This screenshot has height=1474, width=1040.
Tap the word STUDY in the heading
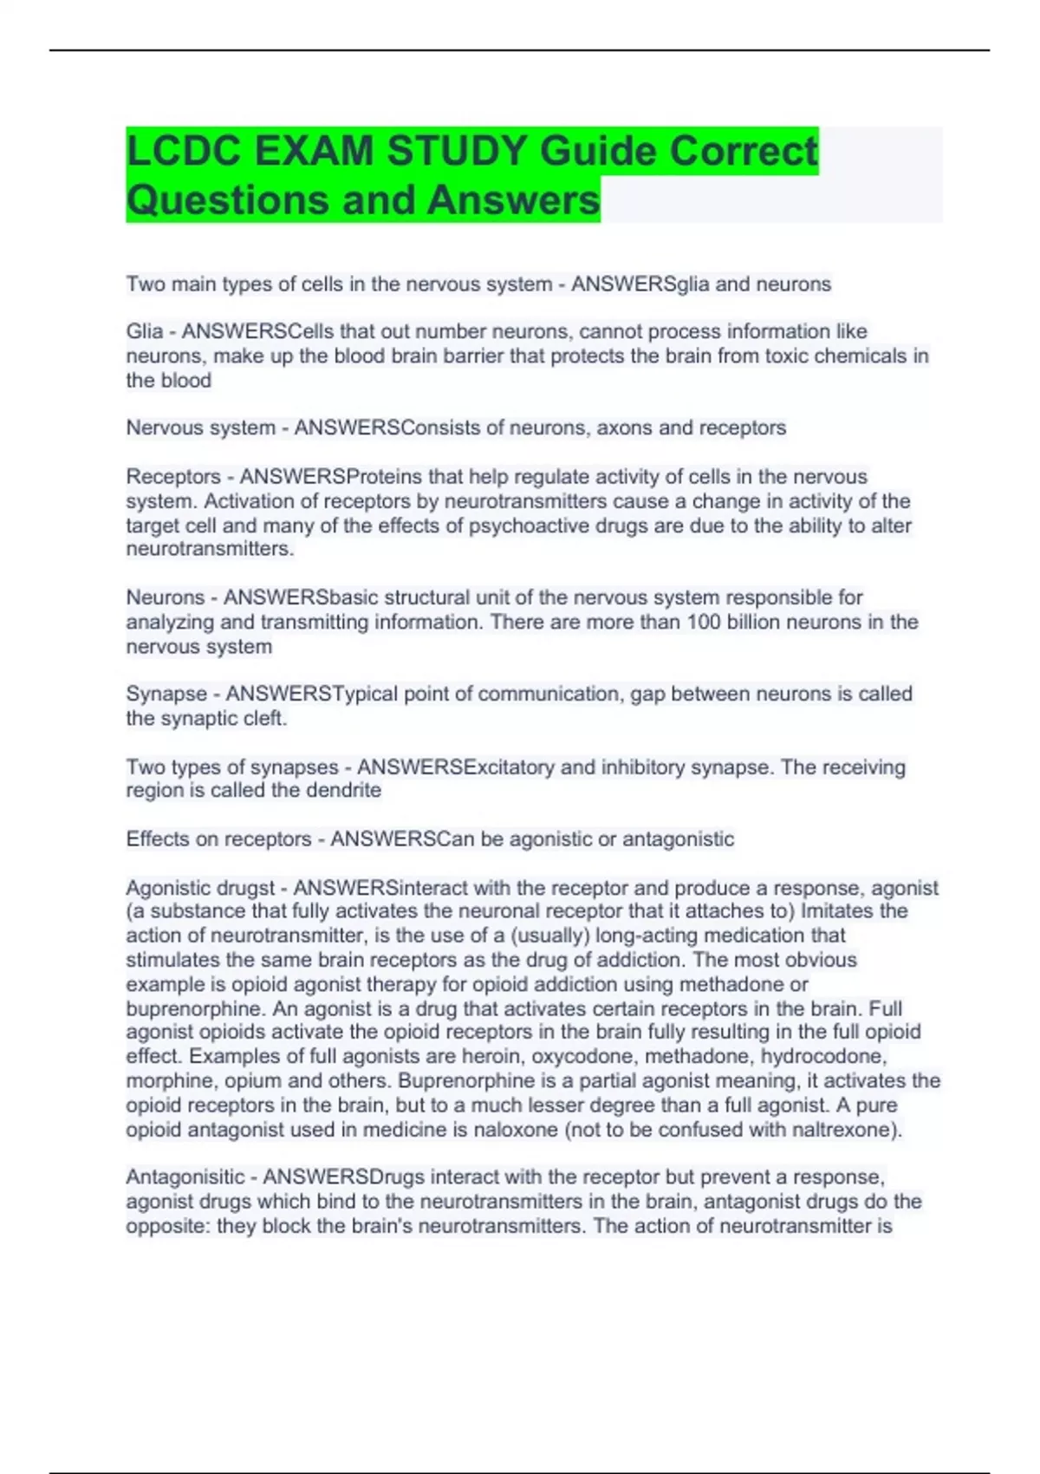[456, 152]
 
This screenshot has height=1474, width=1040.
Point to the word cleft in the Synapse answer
[265, 719]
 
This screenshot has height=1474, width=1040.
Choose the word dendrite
[343, 791]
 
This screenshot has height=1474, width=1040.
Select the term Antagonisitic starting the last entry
[185, 1177]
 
